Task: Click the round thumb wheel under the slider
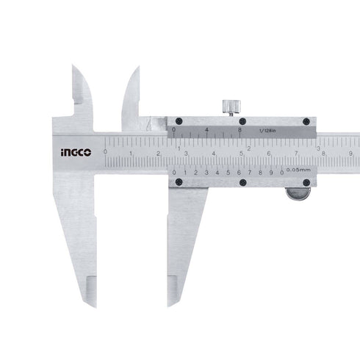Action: [298, 193]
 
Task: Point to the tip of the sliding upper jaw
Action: [137, 68]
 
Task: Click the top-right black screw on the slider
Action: [306, 121]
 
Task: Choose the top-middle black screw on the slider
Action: [241, 121]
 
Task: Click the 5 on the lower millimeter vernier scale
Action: [228, 173]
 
